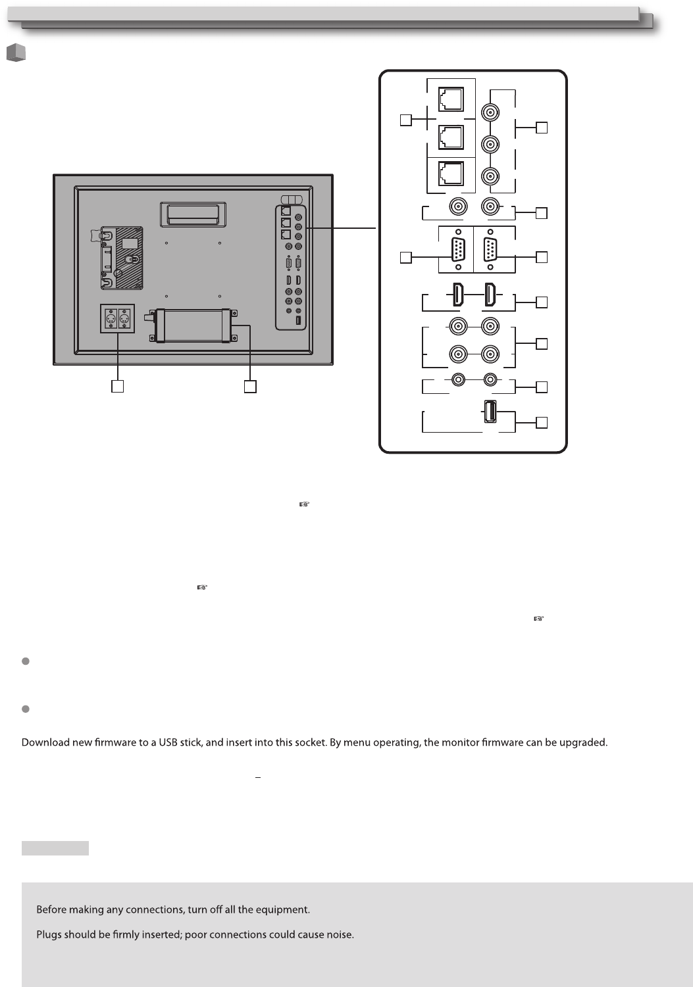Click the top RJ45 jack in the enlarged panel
[x=451, y=99]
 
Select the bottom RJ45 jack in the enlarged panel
[x=451, y=174]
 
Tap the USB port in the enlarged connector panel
[x=490, y=412]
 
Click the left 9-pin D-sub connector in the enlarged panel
[x=456, y=251]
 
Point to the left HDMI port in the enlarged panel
[x=457, y=295]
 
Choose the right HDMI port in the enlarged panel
[x=490, y=295]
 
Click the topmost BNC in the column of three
[x=490, y=112]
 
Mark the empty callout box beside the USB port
[x=542, y=423]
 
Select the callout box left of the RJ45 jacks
[x=406, y=120]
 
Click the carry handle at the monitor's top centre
[x=193, y=212]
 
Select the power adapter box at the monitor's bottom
[x=193, y=325]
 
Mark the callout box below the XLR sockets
[x=117, y=387]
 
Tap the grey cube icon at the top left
[x=16, y=53]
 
